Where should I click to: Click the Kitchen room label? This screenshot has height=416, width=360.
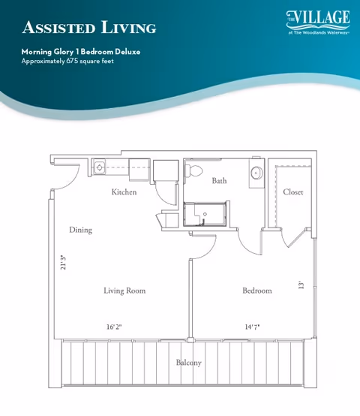124,191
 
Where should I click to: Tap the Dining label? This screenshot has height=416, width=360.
80,230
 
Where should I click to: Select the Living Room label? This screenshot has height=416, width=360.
124,291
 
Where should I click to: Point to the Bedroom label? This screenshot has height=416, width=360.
257,291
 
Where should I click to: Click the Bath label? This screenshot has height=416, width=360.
219,181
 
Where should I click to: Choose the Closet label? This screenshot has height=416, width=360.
292,191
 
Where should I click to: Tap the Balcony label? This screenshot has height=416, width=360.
189,363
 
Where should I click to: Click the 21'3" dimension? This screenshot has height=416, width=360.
63,263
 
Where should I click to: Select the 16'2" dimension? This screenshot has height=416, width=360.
114,327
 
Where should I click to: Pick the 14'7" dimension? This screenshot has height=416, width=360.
252,327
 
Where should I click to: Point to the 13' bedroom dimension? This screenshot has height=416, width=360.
301,285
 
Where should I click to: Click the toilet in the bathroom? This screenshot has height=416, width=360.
193,170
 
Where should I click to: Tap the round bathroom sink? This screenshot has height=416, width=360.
256,173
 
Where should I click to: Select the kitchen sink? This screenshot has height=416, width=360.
99,167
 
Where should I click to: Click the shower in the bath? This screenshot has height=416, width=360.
205,214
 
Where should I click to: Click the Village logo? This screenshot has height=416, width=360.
318,22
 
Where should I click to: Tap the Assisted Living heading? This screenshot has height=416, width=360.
89,28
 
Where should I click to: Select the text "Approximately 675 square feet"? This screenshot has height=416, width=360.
67,61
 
